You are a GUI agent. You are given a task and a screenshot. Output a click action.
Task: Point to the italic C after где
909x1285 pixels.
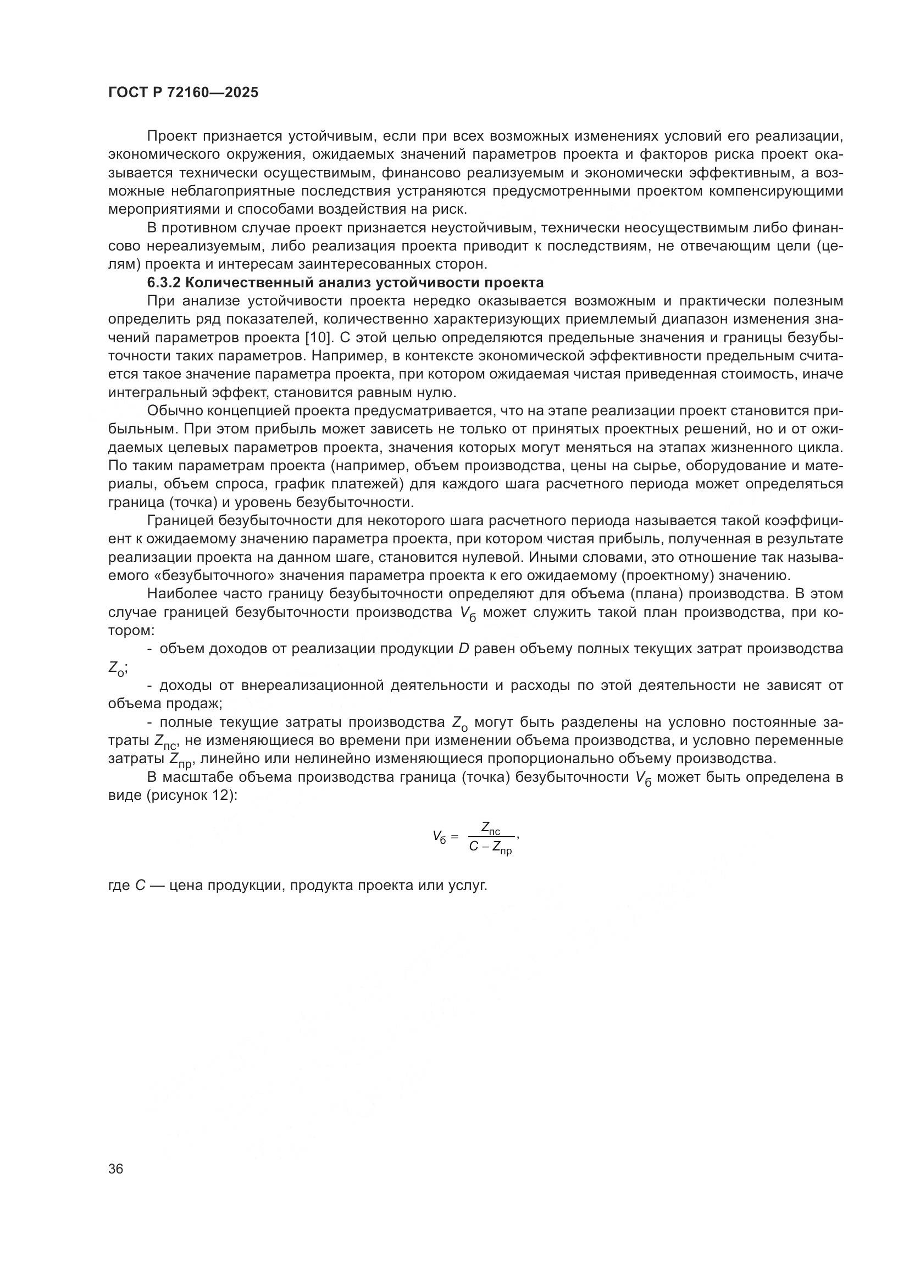[141, 886]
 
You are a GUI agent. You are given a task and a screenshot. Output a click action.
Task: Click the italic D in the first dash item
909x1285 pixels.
[463, 649]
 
